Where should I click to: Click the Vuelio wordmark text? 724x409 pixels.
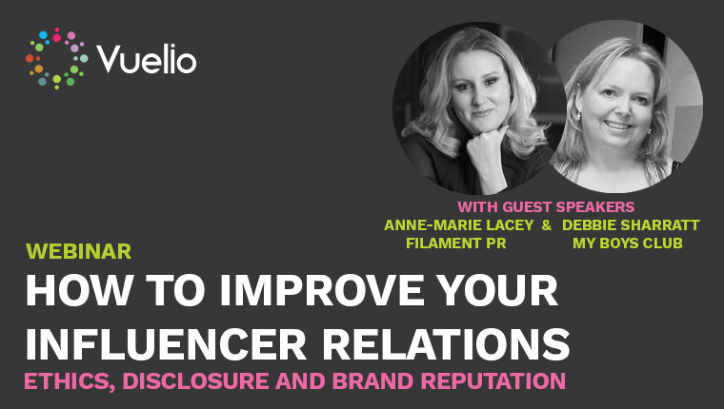[x=147, y=59]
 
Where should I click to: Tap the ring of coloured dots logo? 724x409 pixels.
[x=56, y=58]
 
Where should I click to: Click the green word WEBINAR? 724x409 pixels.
[x=78, y=251]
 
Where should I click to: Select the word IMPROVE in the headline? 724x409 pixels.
[x=321, y=290]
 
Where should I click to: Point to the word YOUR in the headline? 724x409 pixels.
[x=497, y=290]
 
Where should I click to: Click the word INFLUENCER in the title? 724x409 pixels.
[x=166, y=344]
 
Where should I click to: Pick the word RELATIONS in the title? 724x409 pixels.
[x=446, y=344]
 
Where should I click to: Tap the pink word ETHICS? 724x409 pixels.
[x=70, y=381]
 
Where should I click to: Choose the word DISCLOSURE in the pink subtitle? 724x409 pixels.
[x=196, y=381]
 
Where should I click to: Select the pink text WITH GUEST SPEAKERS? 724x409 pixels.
[x=546, y=206]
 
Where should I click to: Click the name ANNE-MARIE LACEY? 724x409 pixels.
[x=459, y=225]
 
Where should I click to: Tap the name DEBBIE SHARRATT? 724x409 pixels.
[x=631, y=225]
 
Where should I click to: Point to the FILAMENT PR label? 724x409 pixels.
[x=456, y=243]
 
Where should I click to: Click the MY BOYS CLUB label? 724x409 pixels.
[x=628, y=243]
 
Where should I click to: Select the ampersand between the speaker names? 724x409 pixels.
[x=547, y=225]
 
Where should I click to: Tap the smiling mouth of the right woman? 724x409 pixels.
[x=617, y=125]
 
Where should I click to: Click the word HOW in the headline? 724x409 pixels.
[x=78, y=290]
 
